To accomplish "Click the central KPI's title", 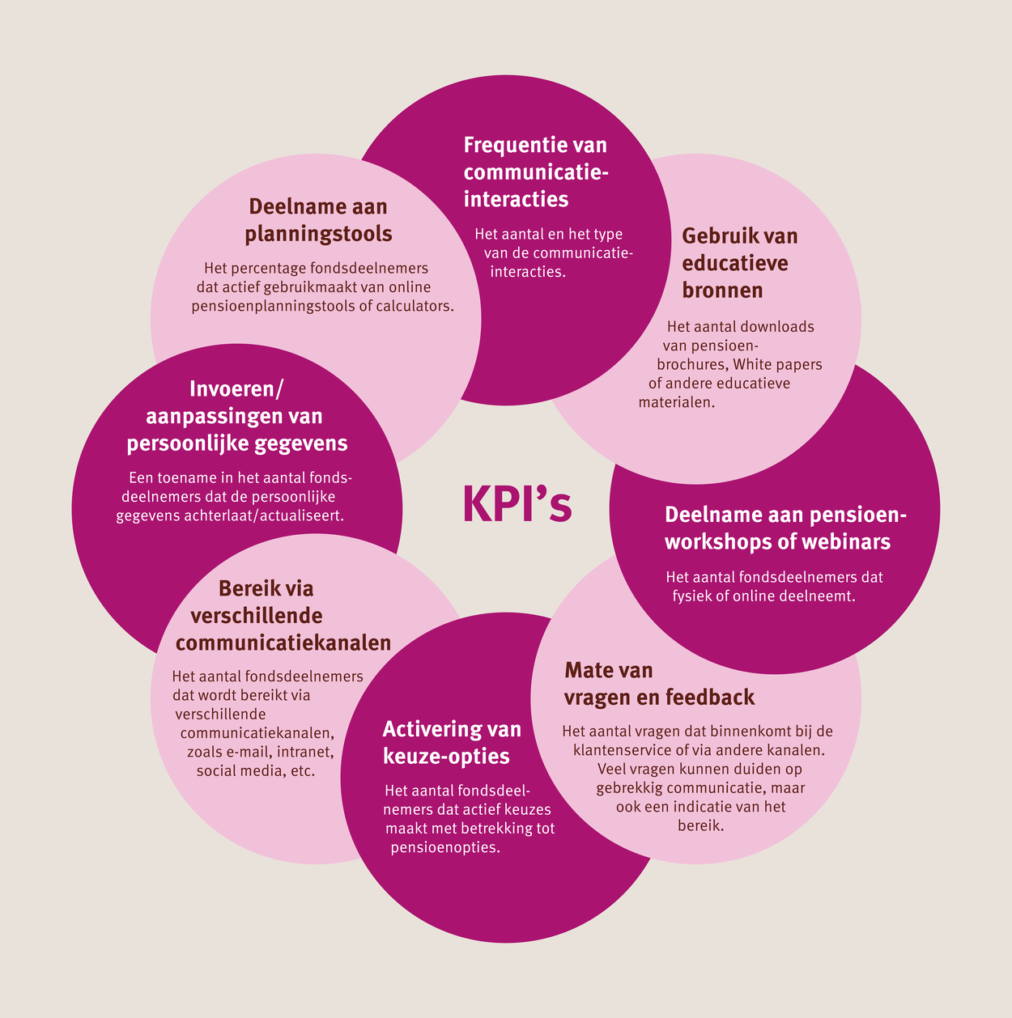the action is click(517, 504).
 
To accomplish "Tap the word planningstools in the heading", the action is click(318, 235).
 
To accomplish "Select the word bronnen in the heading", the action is click(722, 290).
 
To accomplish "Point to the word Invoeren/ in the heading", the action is click(236, 388).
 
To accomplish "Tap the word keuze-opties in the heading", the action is click(446, 757).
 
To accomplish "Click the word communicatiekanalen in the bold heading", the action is click(283, 643).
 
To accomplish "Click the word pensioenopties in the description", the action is click(445, 847).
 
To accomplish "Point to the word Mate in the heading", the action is click(585, 670).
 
